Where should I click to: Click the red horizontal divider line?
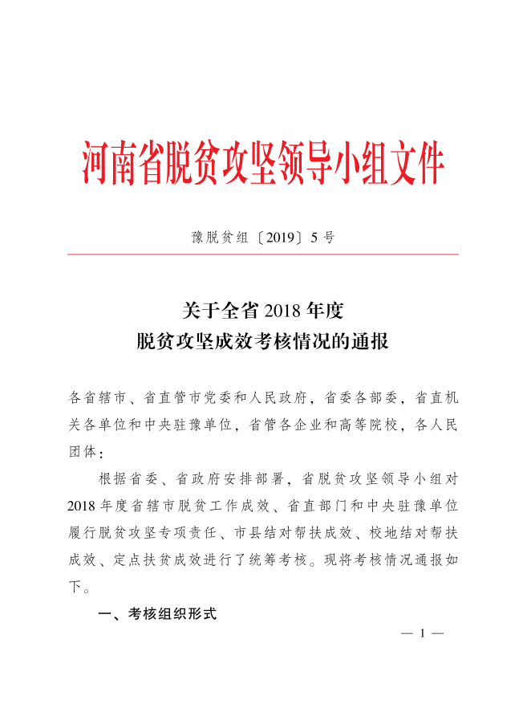tap(263, 254)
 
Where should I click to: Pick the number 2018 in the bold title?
tap(280, 310)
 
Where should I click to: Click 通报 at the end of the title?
tap(371, 342)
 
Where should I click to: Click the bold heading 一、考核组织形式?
tap(157, 613)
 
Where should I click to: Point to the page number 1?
tap(421, 633)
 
